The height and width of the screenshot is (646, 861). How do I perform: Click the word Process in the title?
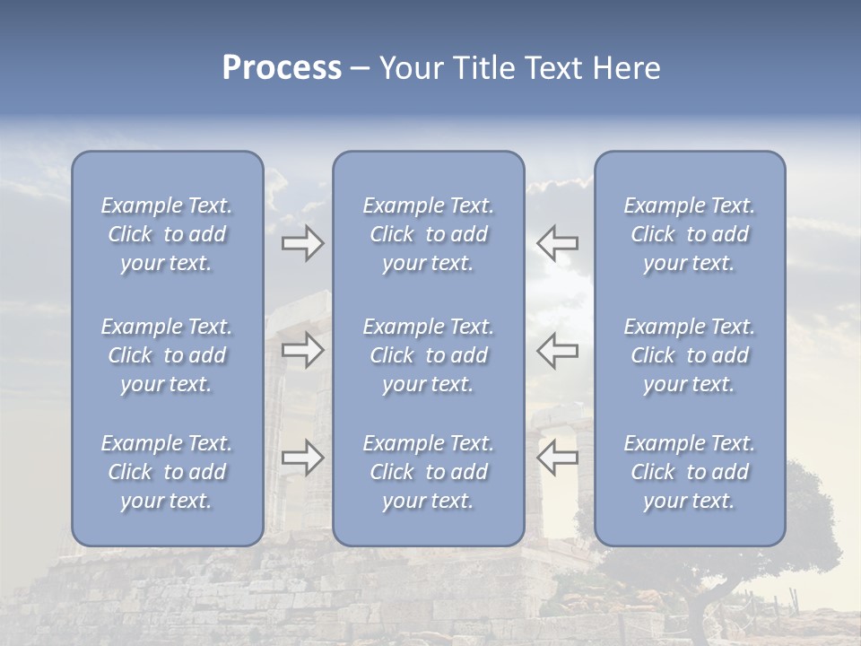[282, 68]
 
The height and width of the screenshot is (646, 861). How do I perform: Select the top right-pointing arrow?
[302, 243]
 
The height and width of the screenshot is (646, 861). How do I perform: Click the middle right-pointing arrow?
[302, 349]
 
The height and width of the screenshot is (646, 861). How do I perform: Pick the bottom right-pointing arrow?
[302, 458]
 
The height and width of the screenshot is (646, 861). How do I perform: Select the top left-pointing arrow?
[558, 243]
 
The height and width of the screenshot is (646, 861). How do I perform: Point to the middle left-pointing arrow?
[558, 349]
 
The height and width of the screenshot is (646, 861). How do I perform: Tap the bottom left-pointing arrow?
[558, 458]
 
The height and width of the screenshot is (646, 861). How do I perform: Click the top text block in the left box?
[167, 234]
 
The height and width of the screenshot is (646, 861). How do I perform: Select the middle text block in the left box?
[167, 355]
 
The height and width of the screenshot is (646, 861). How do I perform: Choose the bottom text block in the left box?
[167, 472]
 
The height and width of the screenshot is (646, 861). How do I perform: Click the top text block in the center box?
[428, 234]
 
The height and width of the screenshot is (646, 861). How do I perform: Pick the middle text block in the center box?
[428, 355]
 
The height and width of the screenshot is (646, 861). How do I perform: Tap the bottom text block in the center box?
[428, 472]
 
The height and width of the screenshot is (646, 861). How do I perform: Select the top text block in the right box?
[689, 234]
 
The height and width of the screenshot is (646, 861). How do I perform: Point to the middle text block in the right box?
[689, 355]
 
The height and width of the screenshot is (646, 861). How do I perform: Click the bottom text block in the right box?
[689, 472]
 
